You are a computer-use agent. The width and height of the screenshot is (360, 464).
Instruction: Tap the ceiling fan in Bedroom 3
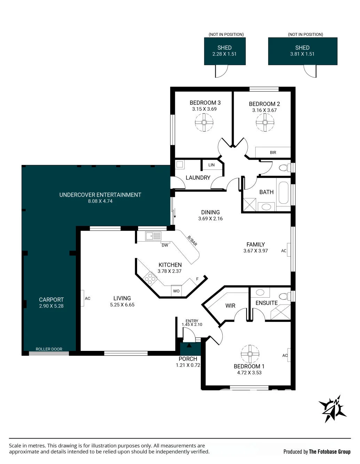click(x=204, y=122)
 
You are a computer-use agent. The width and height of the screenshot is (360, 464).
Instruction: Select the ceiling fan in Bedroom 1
click(x=250, y=354)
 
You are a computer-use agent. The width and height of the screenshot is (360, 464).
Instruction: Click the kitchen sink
click(x=153, y=236)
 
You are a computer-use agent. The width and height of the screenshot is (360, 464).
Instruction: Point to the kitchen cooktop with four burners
click(x=150, y=278)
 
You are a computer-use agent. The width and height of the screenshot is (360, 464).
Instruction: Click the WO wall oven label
click(x=176, y=291)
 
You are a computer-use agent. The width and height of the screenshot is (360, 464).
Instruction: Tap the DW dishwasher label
click(x=165, y=245)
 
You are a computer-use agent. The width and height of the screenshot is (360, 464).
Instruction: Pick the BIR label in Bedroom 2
click(x=273, y=152)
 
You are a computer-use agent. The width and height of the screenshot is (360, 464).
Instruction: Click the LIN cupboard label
click(x=211, y=165)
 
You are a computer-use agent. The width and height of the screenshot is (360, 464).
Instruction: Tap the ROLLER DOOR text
click(x=49, y=349)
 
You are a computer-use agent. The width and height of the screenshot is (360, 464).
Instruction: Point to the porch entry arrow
click(x=189, y=345)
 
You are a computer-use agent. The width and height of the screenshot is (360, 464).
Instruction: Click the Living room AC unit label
click(x=87, y=298)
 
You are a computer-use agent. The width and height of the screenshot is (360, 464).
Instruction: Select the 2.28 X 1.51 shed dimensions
click(x=224, y=54)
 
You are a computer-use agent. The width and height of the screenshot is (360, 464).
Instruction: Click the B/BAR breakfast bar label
click(x=192, y=241)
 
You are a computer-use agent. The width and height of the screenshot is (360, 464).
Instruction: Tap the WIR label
click(x=230, y=306)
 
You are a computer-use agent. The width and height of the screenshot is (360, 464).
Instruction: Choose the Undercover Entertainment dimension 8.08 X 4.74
click(x=100, y=201)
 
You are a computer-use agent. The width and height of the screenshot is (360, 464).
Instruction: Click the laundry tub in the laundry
click(x=179, y=165)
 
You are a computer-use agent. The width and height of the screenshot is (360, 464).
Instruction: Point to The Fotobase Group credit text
click(x=329, y=451)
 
